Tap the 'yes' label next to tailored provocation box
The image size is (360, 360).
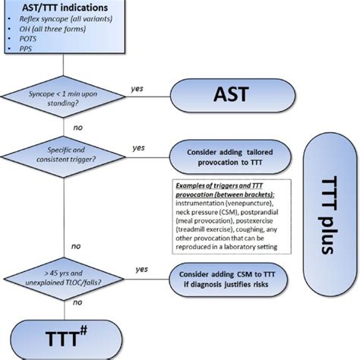(x=139, y=147)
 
